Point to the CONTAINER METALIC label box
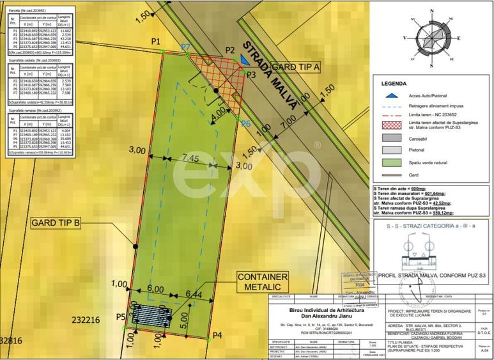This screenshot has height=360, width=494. [x=263, y=282]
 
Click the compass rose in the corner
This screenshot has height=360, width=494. [x=433, y=36]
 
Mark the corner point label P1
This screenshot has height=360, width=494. [x=156, y=42]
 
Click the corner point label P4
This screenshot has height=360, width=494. [x=217, y=335]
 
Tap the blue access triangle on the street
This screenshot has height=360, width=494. [x=245, y=61]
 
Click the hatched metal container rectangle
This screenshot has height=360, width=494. [x=153, y=315]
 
